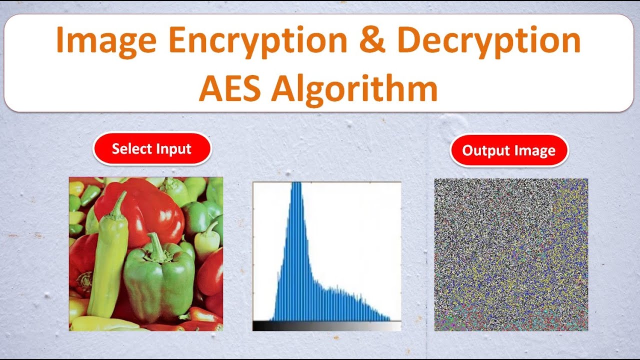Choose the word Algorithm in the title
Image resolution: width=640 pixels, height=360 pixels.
355,88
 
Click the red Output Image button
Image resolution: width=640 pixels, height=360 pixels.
508,150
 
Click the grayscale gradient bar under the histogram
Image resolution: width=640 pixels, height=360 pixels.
326,326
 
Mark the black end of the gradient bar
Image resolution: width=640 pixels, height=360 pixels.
256,326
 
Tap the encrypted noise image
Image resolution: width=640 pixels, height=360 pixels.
511,254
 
